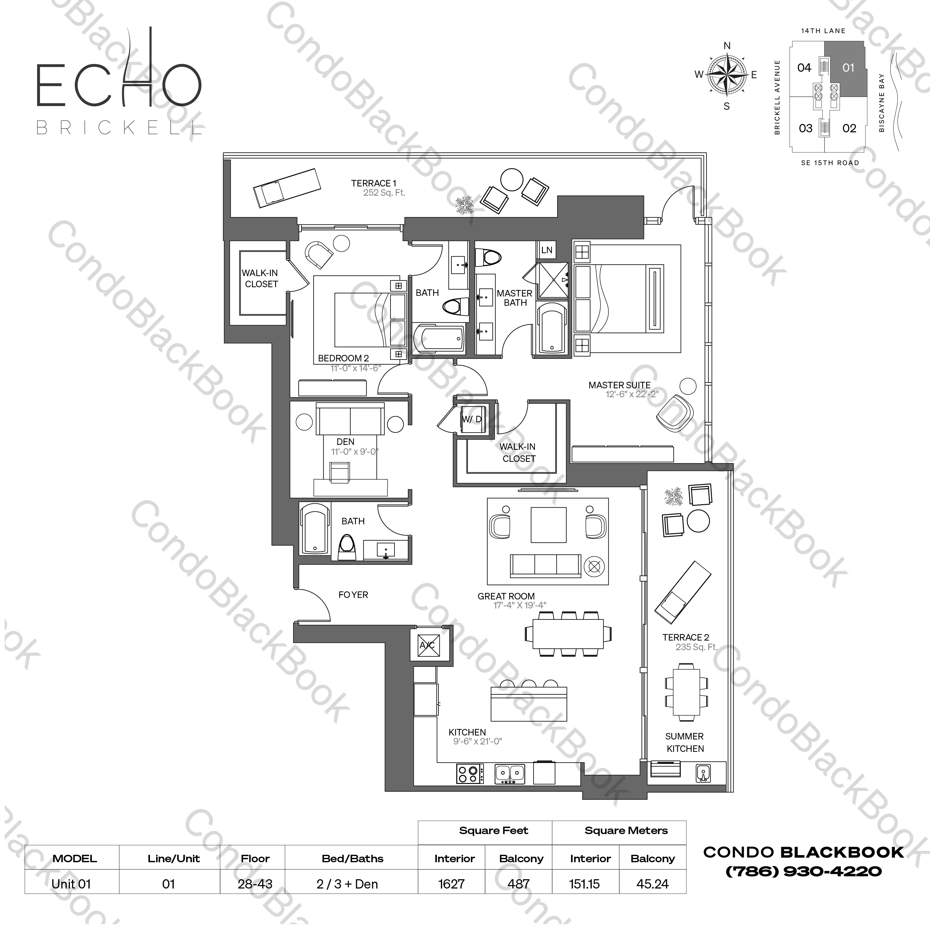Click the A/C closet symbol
(427, 645)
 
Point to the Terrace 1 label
(373, 183)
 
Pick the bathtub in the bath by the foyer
(314, 528)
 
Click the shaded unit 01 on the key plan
(848, 68)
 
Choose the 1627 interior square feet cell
(451, 884)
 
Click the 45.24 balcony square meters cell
(652, 884)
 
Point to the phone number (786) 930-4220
(804, 871)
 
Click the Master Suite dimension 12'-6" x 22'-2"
(632, 395)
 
